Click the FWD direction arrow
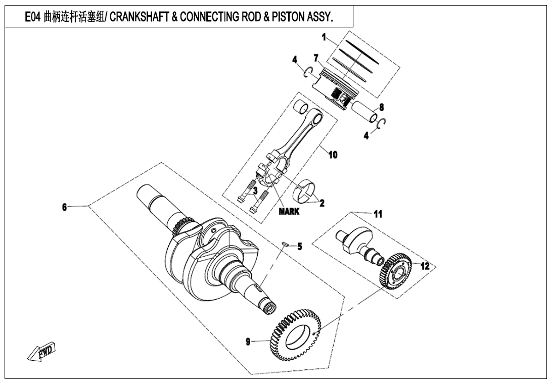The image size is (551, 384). point(41,352)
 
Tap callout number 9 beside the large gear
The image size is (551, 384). point(248,342)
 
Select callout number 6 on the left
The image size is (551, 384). point(64,207)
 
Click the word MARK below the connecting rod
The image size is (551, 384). point(289,212)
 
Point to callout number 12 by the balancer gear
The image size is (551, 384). point(425,266)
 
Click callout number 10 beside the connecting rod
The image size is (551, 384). point(333,155)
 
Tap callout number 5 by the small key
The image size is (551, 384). point(299,247)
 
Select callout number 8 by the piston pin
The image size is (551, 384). point(381,107)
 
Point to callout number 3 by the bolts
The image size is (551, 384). point(255,190)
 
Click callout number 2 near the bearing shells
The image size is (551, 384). point(322,203)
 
